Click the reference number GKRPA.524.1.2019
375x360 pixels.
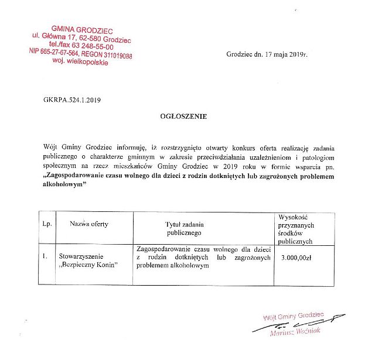(70, 100)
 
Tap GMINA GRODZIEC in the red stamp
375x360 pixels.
(82, 29)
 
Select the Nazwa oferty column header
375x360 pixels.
(89, 224)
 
